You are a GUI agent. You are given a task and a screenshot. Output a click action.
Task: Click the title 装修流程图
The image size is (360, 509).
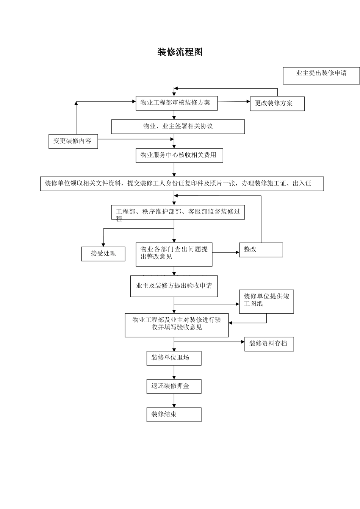point(180,52)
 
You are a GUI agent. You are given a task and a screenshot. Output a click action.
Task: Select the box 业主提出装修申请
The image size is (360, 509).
point(321,75)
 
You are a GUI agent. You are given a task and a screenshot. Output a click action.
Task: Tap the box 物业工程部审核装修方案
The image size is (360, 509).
point(177,103)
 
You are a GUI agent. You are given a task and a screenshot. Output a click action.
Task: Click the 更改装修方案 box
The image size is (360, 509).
point(277,103)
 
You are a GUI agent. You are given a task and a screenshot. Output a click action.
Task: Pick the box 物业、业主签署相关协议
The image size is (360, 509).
point(178,126)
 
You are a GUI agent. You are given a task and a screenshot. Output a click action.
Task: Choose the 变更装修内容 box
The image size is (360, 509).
point(73,141)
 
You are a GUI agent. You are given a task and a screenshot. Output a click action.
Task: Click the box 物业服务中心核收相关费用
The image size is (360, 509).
point(179,155)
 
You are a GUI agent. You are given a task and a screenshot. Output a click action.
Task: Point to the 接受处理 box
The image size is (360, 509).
point(103,254)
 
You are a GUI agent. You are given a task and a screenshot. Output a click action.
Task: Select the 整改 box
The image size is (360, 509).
point(261,250)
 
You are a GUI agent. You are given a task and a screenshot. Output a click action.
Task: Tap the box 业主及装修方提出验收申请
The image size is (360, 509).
point(174,286)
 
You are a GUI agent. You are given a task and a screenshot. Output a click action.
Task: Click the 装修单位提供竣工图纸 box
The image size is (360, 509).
point(266,301)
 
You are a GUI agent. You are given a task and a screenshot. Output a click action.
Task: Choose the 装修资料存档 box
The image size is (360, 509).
point(269,344)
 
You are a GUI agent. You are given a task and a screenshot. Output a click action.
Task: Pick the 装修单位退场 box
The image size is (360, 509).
point(174,358)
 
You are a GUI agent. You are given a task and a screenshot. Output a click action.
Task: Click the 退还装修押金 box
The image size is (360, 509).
point(174,386)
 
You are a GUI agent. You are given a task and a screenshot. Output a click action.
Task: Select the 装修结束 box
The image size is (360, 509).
point(174,414)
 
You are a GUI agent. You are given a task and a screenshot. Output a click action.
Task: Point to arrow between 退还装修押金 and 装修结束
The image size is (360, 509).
point(174,401)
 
